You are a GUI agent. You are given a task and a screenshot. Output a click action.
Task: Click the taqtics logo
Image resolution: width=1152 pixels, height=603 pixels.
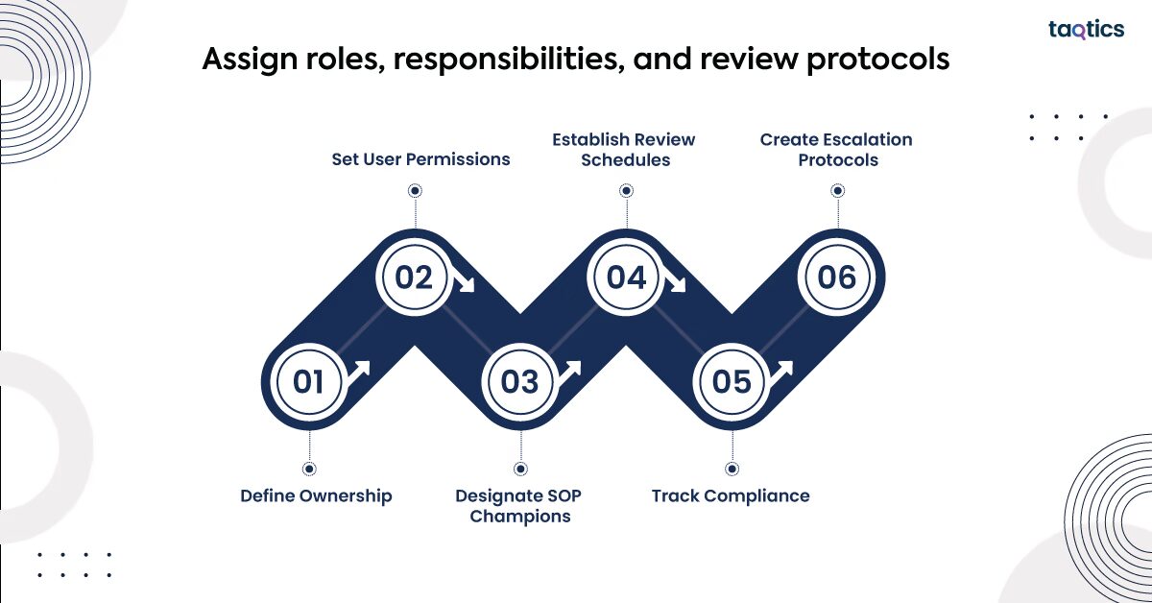tap(1086, 30)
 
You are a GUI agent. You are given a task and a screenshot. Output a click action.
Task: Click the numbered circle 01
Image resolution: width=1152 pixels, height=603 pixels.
tap(308, 382)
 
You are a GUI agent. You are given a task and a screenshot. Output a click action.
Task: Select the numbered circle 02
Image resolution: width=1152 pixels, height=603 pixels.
tap(414, 277)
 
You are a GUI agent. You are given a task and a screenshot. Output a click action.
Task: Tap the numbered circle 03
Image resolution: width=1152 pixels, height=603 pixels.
tap(520, 382)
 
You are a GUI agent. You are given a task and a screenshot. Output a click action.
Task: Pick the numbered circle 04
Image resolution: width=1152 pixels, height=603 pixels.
tap(626, 277)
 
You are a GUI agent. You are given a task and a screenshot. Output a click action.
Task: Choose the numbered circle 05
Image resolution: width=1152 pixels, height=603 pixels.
tap(732, 382)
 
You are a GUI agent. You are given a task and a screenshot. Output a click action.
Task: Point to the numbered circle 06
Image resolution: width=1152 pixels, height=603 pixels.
tap(836, 277)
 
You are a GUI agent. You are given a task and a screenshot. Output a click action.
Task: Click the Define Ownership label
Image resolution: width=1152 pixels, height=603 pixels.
tap(316, 495)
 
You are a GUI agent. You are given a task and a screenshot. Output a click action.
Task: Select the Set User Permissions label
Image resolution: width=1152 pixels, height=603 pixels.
tap(420, 158)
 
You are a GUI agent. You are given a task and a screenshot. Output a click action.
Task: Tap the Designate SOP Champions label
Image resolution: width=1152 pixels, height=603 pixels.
tap(519, 506)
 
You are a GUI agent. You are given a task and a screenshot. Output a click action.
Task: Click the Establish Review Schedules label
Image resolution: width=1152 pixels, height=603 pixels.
tap(624, 149)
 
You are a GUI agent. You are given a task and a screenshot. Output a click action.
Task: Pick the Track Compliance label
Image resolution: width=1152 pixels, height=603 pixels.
tap(731, 495)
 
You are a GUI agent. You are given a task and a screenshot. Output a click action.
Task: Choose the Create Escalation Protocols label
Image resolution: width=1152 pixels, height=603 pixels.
tap(837, 149)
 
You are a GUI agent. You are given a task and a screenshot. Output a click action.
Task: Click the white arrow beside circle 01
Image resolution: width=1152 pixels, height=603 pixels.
tap(358, 372)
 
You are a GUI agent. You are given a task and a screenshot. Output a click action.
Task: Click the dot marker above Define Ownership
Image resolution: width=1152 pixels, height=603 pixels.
tap(308, 469)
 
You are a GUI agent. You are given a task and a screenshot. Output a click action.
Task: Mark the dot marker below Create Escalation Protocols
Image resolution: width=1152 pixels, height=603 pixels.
tap(837, 191)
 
